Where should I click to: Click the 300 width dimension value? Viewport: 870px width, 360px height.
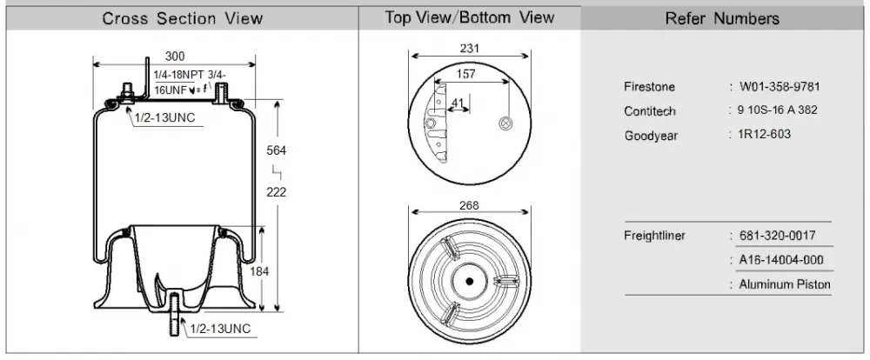(x=175, y=56)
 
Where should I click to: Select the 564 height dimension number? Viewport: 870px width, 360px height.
(x=277, y=150)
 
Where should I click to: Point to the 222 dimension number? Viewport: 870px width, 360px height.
(x=277, y=192)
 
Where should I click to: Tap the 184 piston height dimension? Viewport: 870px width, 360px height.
(x=259, y=271)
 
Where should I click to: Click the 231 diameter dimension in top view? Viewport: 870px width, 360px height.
(x=470, y=48)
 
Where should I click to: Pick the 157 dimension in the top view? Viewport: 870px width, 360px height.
(x=465, y=74)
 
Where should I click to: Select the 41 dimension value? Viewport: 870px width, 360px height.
(x=458, y=102)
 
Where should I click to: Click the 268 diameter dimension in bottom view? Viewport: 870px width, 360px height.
(x=469, y=206)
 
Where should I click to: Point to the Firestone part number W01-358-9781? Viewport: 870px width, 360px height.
(x=780, y=87)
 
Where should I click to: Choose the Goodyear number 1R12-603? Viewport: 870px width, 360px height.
(x=765, y=134)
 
